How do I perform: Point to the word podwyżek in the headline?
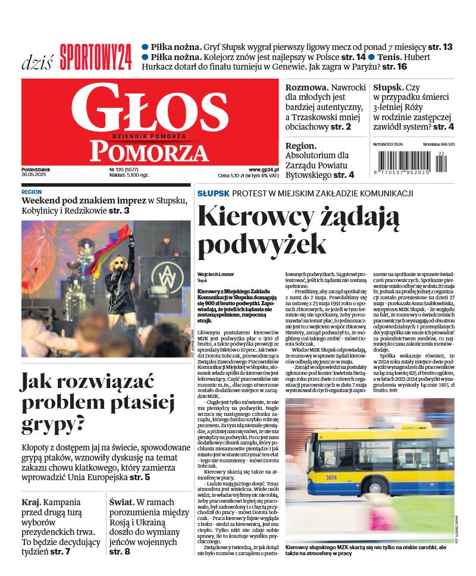pyautogui.click(x=262, y=244)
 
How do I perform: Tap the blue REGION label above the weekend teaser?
pyautogui.click(x=32, y=192)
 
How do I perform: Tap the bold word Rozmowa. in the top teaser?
pyautogui.click(x=306, y=87)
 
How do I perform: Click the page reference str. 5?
pyautogui.click(x=140, y=477)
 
